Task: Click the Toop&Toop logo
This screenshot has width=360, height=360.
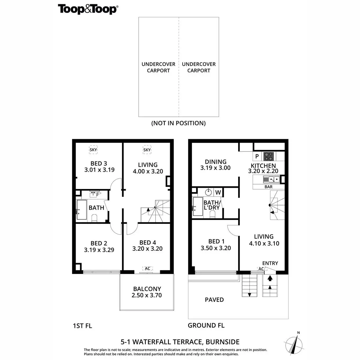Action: tap(88, 9)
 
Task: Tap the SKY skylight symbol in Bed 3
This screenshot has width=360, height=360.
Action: tap(94, 150)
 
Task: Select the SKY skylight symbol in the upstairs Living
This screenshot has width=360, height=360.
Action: tap(147, 150)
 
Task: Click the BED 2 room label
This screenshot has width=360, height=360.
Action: tap(99, 243)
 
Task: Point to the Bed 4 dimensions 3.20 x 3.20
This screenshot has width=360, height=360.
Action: tap(147, 249)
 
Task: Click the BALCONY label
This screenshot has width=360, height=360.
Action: tap(147, 289)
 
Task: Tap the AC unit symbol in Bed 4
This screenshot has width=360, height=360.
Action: tap(147, 268)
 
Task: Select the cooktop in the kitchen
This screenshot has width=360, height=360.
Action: tap(268, 156)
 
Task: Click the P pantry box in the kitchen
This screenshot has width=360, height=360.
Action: tap(257, 156)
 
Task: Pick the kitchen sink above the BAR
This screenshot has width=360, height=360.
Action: tap(271, 179)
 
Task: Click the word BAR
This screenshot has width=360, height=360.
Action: tap(268, 187)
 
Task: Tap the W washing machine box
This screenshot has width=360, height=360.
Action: tap(218, 192)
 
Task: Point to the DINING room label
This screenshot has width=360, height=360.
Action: tap(215, 162)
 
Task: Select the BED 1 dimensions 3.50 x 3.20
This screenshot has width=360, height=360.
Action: tap(216, 248)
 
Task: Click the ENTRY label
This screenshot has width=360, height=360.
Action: tap(270, 263)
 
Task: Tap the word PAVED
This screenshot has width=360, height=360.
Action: tap(214, 300)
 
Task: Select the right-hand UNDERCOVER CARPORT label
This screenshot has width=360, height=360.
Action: tap(199, 67)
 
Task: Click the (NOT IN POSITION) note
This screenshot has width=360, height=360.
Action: tap(178, 123)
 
